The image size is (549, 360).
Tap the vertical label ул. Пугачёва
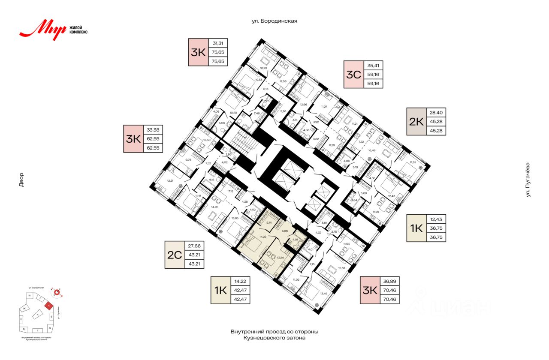pyautogui.click(x=528, y=180)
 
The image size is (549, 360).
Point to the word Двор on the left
pyautogui.click(x=21, y=180)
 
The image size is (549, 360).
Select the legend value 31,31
pyautogui.click(x=218, y=43)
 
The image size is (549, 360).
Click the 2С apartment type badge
pyautogui.click(x=175, y=255)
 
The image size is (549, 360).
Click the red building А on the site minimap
pyautogui.click(x=50, y=306)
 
